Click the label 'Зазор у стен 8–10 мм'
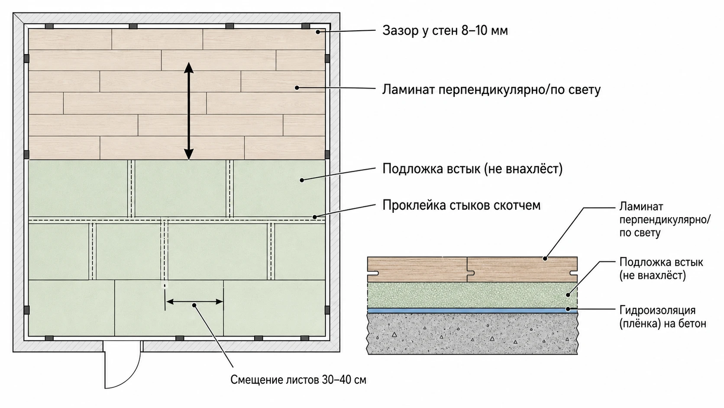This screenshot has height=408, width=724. [445, 31]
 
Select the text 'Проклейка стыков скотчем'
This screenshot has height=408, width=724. [461, 206]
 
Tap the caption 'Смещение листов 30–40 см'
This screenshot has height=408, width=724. [298, 379]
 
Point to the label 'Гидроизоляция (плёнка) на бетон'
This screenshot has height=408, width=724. [663, 317]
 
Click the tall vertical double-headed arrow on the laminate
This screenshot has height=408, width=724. [189, 111]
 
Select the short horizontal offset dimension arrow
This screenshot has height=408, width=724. [194, 302]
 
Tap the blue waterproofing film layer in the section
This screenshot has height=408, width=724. [472, 310]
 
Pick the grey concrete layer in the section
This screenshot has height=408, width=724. [472, 333]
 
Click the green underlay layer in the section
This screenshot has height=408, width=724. [472, 295]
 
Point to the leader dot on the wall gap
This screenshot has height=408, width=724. [318, 32]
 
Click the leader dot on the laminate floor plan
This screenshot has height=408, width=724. [297, 88]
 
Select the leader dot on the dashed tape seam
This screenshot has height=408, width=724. [314, 217]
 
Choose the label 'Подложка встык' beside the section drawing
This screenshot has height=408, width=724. [661, 262]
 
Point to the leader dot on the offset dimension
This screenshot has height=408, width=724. [194, 305]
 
